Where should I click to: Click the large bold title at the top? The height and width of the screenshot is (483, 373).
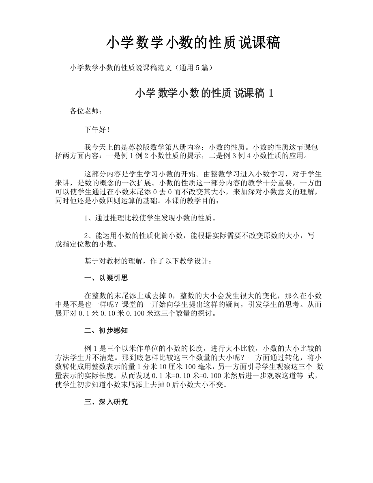pyautogui.click(x=193, y=43)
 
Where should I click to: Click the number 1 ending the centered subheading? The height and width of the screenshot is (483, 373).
pyautogui.click(x=271, y=93)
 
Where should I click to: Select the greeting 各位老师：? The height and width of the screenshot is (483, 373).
pyautogui.click(x=84, y=111)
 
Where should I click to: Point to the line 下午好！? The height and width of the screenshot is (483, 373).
pyautogui.click(x=96, y=129)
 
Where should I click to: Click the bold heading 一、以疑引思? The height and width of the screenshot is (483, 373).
pyautogui.click(x=106, y=278)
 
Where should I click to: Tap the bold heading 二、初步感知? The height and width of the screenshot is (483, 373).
pyautogui.click(x=106, y=331)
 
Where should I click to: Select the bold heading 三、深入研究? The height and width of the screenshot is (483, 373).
pyautogui.click(x=106, y=402)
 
